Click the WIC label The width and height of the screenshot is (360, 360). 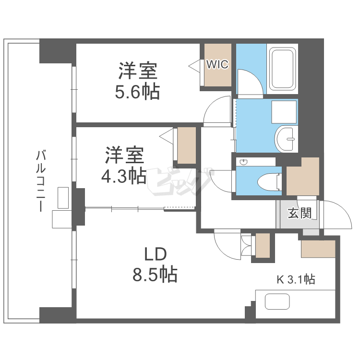(217, 64)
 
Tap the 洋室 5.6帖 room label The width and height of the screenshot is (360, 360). (137, 81)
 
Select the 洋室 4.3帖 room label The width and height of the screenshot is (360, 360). (124, 166)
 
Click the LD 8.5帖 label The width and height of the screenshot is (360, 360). (155, 264)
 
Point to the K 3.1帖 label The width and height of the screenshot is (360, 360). (295, 279)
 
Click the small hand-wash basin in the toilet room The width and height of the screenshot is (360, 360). (243, 162)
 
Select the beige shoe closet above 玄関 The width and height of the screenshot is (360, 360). (303, 177)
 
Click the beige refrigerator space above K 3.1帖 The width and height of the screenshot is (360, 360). (317, 249)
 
